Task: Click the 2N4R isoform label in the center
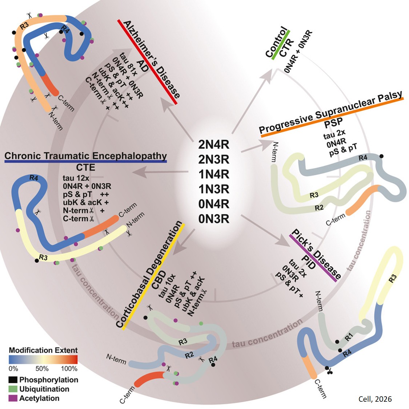pos(214,144)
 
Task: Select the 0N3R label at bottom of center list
pos(214,219)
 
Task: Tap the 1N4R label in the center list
pos(214,174)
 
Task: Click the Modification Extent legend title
pos(43,351)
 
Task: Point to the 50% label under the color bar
pos(42,369)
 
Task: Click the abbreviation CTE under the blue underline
pos(85,167)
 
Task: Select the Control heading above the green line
pos(276,42)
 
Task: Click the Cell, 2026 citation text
pos(375,399)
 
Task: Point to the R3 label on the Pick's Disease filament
pos(392,279)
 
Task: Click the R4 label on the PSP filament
pos(363,158)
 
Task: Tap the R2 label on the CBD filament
pos(189,355)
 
